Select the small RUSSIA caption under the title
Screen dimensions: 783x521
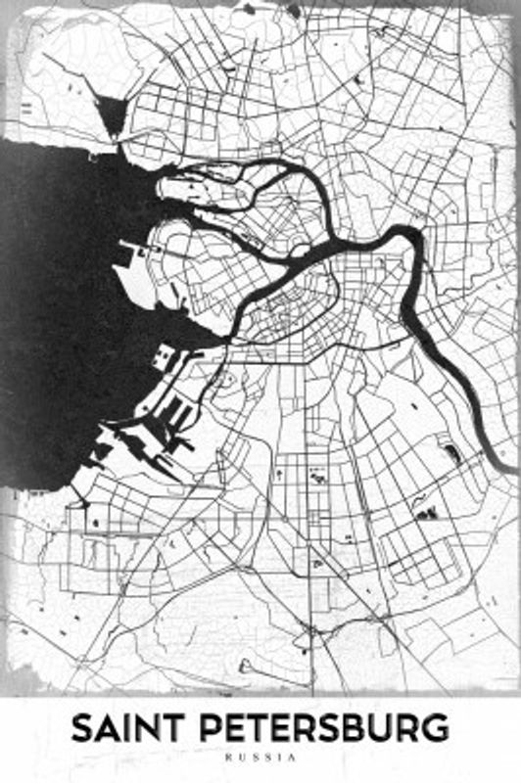pyautogui.click(x=260, y=758)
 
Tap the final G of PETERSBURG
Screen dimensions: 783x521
pyautogui.click(x=437, y=729)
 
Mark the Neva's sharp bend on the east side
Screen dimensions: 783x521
pyautogui.click(x=416, y=245)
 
